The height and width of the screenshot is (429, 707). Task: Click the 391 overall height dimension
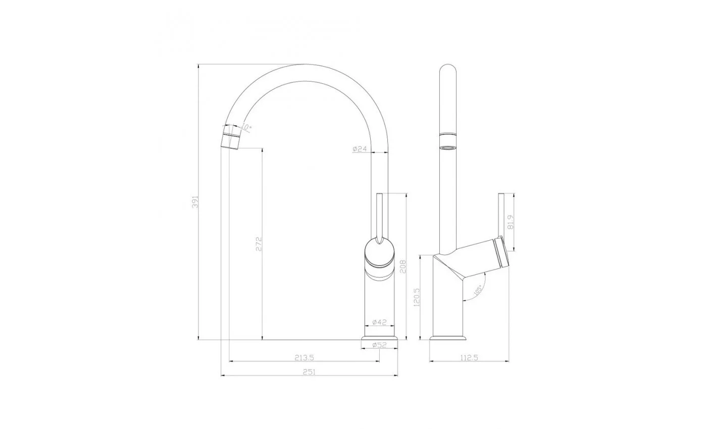coord(195,202)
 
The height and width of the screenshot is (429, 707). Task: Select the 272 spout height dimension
coord(259,244)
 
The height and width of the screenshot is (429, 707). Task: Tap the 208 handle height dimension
coord(403,266)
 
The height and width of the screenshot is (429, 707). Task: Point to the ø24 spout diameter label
coord(360,149)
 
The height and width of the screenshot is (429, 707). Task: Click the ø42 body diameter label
coord(379,322)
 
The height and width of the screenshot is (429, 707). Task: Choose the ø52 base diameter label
coord(379,345)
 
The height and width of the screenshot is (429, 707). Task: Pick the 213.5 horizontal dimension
coord(304,358)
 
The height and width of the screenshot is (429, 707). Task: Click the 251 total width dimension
coord(309,372)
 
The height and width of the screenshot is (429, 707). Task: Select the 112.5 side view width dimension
coord(469,358)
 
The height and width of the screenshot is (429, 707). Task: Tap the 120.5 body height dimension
coord(416,297)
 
